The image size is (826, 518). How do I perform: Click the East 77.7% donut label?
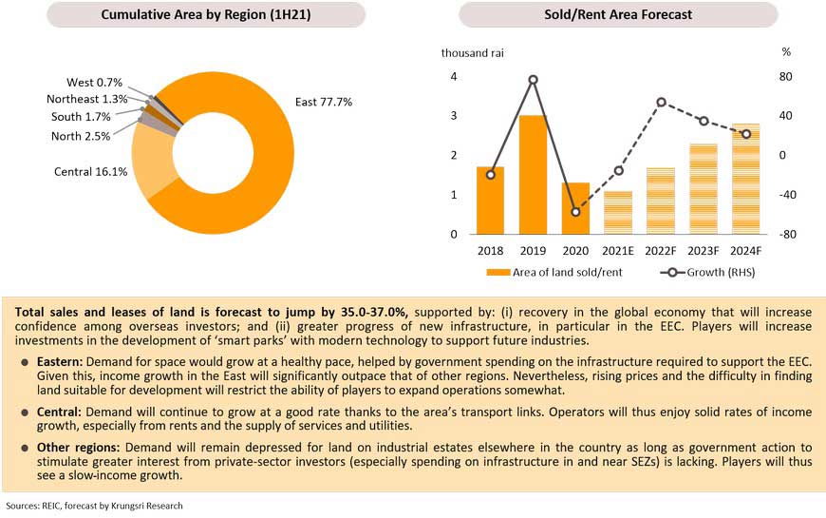(324, 102)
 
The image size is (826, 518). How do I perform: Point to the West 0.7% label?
(95, 83)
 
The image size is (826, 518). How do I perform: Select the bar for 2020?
(575, 208)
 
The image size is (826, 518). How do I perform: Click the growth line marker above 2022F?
(661, 102)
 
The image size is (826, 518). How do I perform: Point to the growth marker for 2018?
(490, 175)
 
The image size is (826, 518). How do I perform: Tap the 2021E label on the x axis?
(618, 251)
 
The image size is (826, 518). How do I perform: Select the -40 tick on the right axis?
(787, 195)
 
